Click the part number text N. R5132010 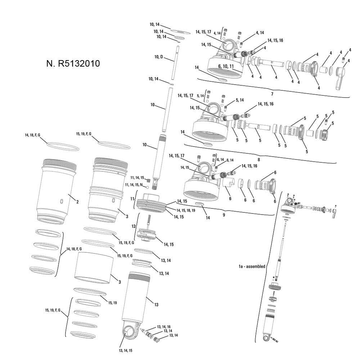click(x=73, y=63)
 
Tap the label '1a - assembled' click(x=252, y=267)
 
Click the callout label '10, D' click(x=158, y=57)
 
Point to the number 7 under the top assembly click(x=272, y=94)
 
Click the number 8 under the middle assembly click(x=258, y=159)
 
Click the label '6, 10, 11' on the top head click(x=226, y=67)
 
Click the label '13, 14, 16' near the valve click(x=163, y=327)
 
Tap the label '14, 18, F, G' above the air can click(x=32, y=135)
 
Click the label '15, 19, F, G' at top click(x=84, y=134)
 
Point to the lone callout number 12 click(x=133, y=226)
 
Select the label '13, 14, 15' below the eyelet click(x=127, y=350)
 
